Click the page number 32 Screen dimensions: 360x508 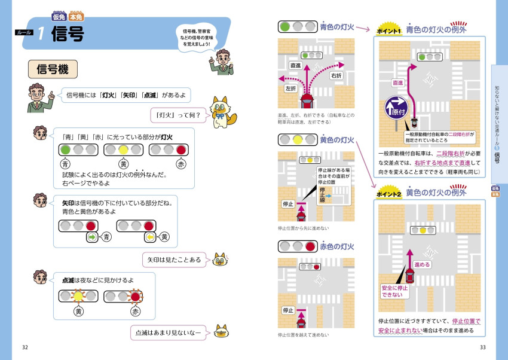pos(25,347)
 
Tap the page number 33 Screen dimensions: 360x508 pos(483,347)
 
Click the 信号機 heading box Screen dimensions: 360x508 pos(53,69)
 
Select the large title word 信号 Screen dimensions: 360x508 pos(68,34)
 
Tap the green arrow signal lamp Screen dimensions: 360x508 pos(91,237)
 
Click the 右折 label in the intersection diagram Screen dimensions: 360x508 pos(336,76)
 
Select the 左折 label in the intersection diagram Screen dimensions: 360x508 pos(291,88)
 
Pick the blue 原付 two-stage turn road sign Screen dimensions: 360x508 pos(396,108)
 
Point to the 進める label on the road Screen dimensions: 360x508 pos(421,264)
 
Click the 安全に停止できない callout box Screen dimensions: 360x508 pos(395,291)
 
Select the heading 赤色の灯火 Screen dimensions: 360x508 pos(337,246)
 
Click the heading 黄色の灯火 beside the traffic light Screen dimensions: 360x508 pos(337,141)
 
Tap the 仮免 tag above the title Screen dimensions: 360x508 pos(59,16)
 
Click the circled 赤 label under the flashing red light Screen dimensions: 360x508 pos(135,311)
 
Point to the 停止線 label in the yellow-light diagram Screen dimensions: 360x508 pos(323,195)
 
